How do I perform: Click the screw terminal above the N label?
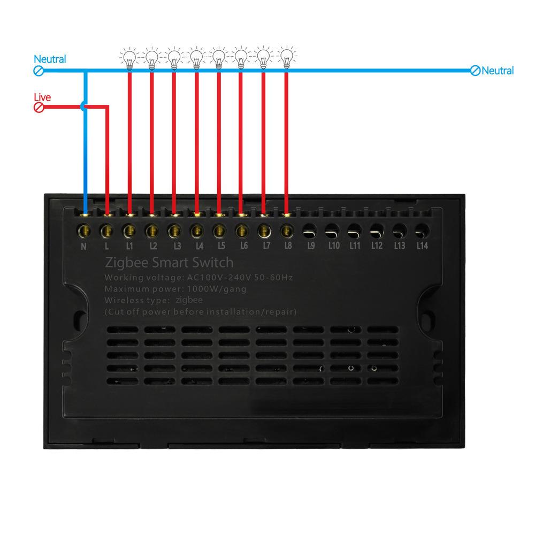[84, 231]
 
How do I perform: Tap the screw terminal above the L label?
[106, 231]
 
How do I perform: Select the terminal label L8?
[288, 246]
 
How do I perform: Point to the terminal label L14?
[422, 246]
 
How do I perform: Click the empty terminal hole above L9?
[310, 231]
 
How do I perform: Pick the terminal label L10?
[334, 246]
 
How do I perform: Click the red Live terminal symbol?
[39, 108]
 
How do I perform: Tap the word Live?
[42, 97]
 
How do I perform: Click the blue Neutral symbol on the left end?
[39, 71]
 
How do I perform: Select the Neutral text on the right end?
[498, 71]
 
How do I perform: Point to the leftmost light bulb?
[129, 58]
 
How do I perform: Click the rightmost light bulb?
[287, 57]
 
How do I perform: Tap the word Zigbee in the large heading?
[127, 262]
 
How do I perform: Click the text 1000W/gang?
[217, 289]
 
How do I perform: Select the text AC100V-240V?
[219, 277]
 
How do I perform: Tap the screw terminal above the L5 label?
[219, 231]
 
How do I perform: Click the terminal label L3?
[178, 246]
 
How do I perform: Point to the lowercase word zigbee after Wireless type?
[189, 300]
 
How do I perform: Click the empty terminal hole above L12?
[377, 231]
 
